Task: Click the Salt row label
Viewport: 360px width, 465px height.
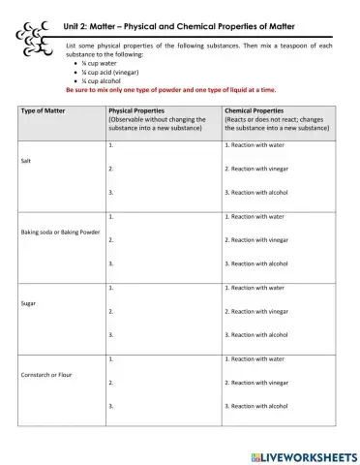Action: (26, 161)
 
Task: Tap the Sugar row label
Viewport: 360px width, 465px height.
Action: (28, 303)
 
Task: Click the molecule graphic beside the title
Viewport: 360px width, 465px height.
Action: (35, 36)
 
